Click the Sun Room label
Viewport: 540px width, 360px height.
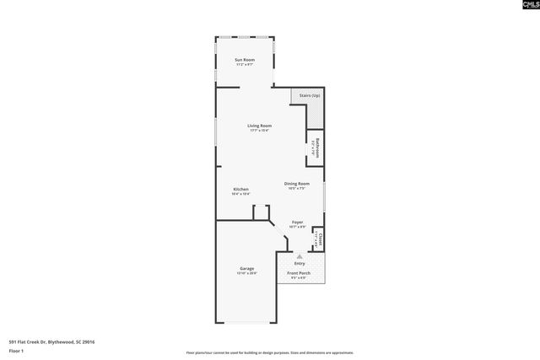[245, 61]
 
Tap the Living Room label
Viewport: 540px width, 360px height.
[259, 126]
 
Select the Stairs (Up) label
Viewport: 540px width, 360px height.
[310, 96]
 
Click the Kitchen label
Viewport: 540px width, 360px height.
[240, 189]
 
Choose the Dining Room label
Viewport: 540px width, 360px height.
[297, 183]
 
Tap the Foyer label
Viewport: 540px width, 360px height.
[298, 223]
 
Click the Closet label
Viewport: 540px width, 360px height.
[321, 240]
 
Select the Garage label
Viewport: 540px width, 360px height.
[246, 269]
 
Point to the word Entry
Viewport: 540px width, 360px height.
[300, 264]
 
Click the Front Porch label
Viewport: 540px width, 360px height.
[299, 273]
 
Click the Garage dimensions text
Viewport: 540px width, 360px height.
[246, 274]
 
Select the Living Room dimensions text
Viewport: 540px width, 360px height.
[259, 131]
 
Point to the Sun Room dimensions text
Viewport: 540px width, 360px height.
[245, 66]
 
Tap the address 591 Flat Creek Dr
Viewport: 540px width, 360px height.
[51, 341]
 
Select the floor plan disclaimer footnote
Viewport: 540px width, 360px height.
[270, 353]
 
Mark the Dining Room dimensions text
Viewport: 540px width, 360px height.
[297, 188]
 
